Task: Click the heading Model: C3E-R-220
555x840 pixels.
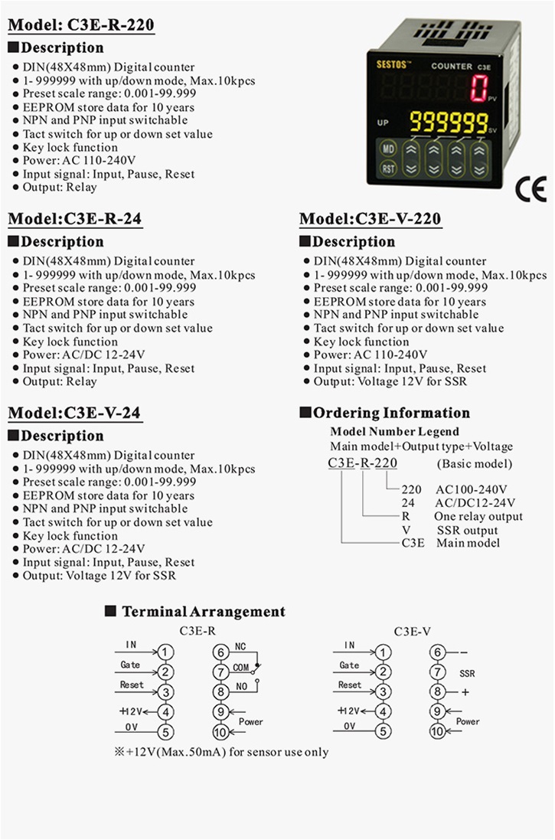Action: [x=81, y=25]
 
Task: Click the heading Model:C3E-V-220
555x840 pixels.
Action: [x=370, y=219]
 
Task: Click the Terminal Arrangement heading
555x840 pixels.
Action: [x=203, y=611]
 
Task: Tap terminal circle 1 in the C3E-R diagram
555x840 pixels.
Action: [x=166, y=652]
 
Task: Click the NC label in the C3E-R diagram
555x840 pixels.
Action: [x=240, y=648]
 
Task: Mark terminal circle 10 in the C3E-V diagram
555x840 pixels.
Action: [x=437, y=732]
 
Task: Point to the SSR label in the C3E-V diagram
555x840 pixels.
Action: [x=467, y=674]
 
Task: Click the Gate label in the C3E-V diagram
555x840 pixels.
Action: [x=349, y=665]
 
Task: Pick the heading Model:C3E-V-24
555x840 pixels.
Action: [x=74, y=413]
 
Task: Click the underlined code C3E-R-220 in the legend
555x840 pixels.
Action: [x=362, y=463]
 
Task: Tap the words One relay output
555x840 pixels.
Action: [x=479, y=516]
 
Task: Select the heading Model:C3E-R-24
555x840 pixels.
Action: [x=74, y=219]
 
